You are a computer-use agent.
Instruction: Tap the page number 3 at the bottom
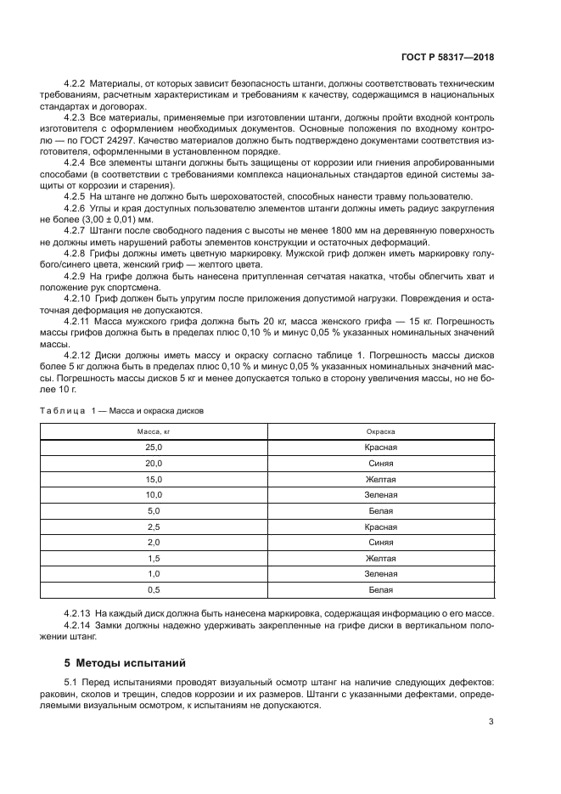click(x=491, y=723)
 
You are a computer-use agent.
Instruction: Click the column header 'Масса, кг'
click(x=154, y=431)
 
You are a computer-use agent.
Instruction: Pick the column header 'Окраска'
click(x=381, y=431)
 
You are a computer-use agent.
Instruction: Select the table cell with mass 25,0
click(x=154, y=448)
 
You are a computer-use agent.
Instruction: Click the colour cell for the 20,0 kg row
click(x=381, y=464)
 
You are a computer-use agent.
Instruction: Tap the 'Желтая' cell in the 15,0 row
click(x=381, y=480)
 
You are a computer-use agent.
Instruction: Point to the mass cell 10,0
click(x=154, y=495)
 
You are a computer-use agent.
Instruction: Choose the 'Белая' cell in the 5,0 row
click(x=381, y=511)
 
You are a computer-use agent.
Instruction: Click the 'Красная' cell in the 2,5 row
click(x=381, y=527)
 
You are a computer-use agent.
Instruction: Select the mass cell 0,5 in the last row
click(x=154, y=589)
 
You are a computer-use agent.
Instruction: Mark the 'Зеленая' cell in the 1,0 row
click(x=381, y=574)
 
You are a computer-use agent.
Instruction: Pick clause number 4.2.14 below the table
click(x=80, y=625)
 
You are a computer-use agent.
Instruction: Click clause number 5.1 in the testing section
click(x=70, y=684)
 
